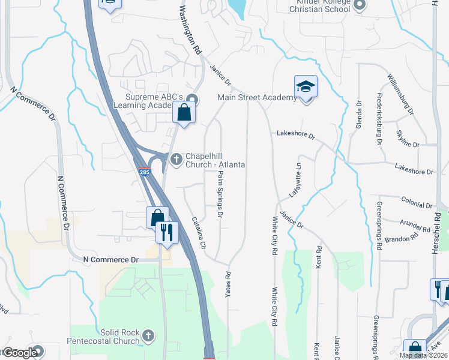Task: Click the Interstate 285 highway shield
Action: coord(144,171)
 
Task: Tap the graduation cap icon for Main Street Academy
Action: coord(306,86)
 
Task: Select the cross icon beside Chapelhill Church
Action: coord(176,158)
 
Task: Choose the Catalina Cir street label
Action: coord(199,233)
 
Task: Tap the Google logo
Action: coord(19,352)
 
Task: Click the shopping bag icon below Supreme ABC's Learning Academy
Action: coord(184,112)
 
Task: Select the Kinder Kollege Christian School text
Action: coord(319,7)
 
